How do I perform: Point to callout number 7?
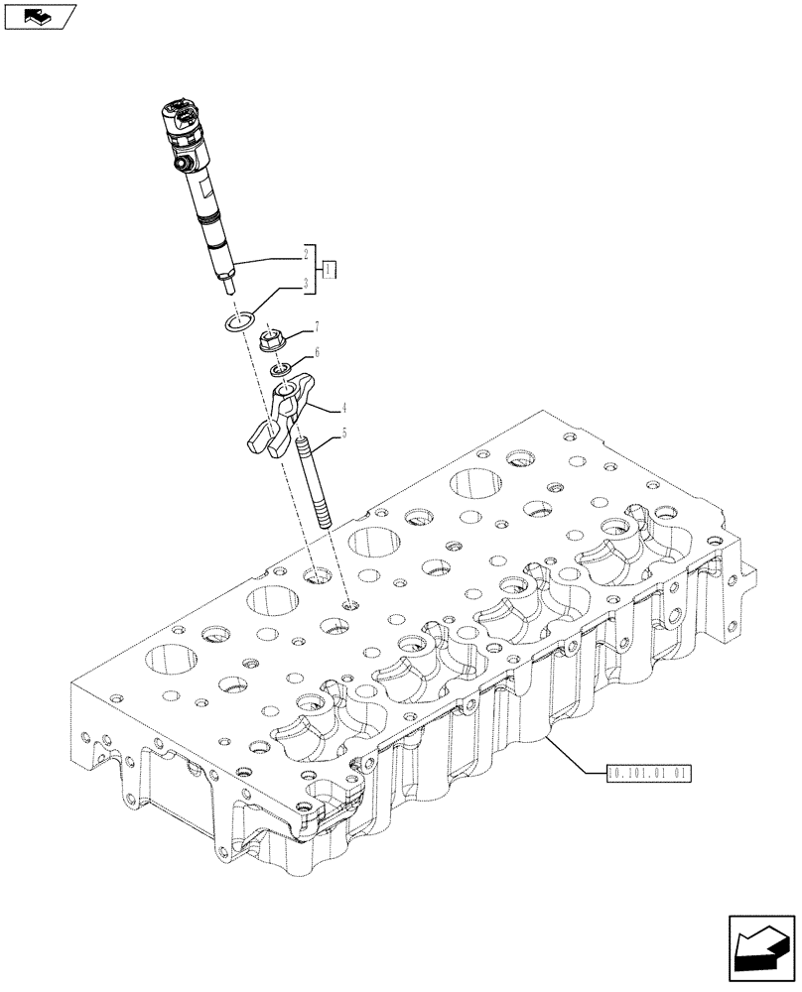click(316, 326)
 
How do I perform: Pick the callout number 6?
click(316, 352)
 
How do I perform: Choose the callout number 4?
click(316, 407)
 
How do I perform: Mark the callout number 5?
click(316, 433)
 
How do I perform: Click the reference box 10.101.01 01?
click(646, 770)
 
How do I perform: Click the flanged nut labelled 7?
click(271, 343)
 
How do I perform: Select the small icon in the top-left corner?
click(39, 16)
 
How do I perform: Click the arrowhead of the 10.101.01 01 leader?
click(546, 739)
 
